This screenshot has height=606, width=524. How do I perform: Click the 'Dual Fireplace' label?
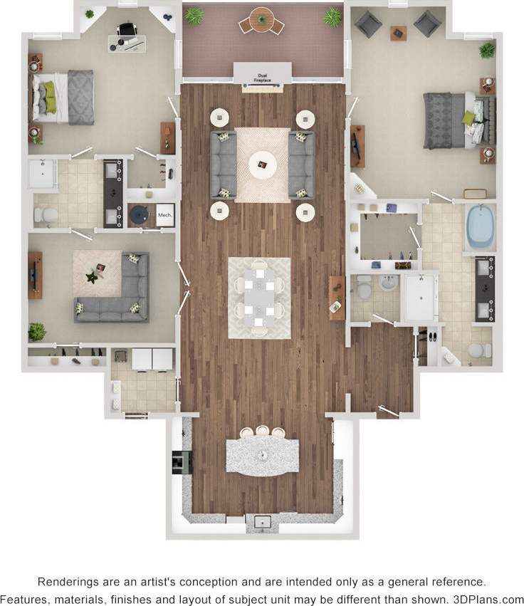tap(262, 79)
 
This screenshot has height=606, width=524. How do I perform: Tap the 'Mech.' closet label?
tap(164, 214)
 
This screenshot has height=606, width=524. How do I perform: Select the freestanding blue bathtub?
tap(480, 226)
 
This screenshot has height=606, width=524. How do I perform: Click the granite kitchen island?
tap(262, 454)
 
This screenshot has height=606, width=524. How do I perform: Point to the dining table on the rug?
tap(259, 297)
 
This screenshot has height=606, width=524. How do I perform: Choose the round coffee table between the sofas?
tap(262, 165)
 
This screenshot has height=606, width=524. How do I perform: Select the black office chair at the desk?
tap(126, 31)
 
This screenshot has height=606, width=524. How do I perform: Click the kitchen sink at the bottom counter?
tap(262, 523)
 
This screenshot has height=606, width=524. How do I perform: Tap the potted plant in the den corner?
tap(36, 331)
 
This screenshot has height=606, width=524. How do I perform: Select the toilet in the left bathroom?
tap(45, 215)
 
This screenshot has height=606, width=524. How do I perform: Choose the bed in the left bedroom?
tap(63, 97)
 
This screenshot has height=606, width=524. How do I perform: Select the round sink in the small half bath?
tap(388, 283)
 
